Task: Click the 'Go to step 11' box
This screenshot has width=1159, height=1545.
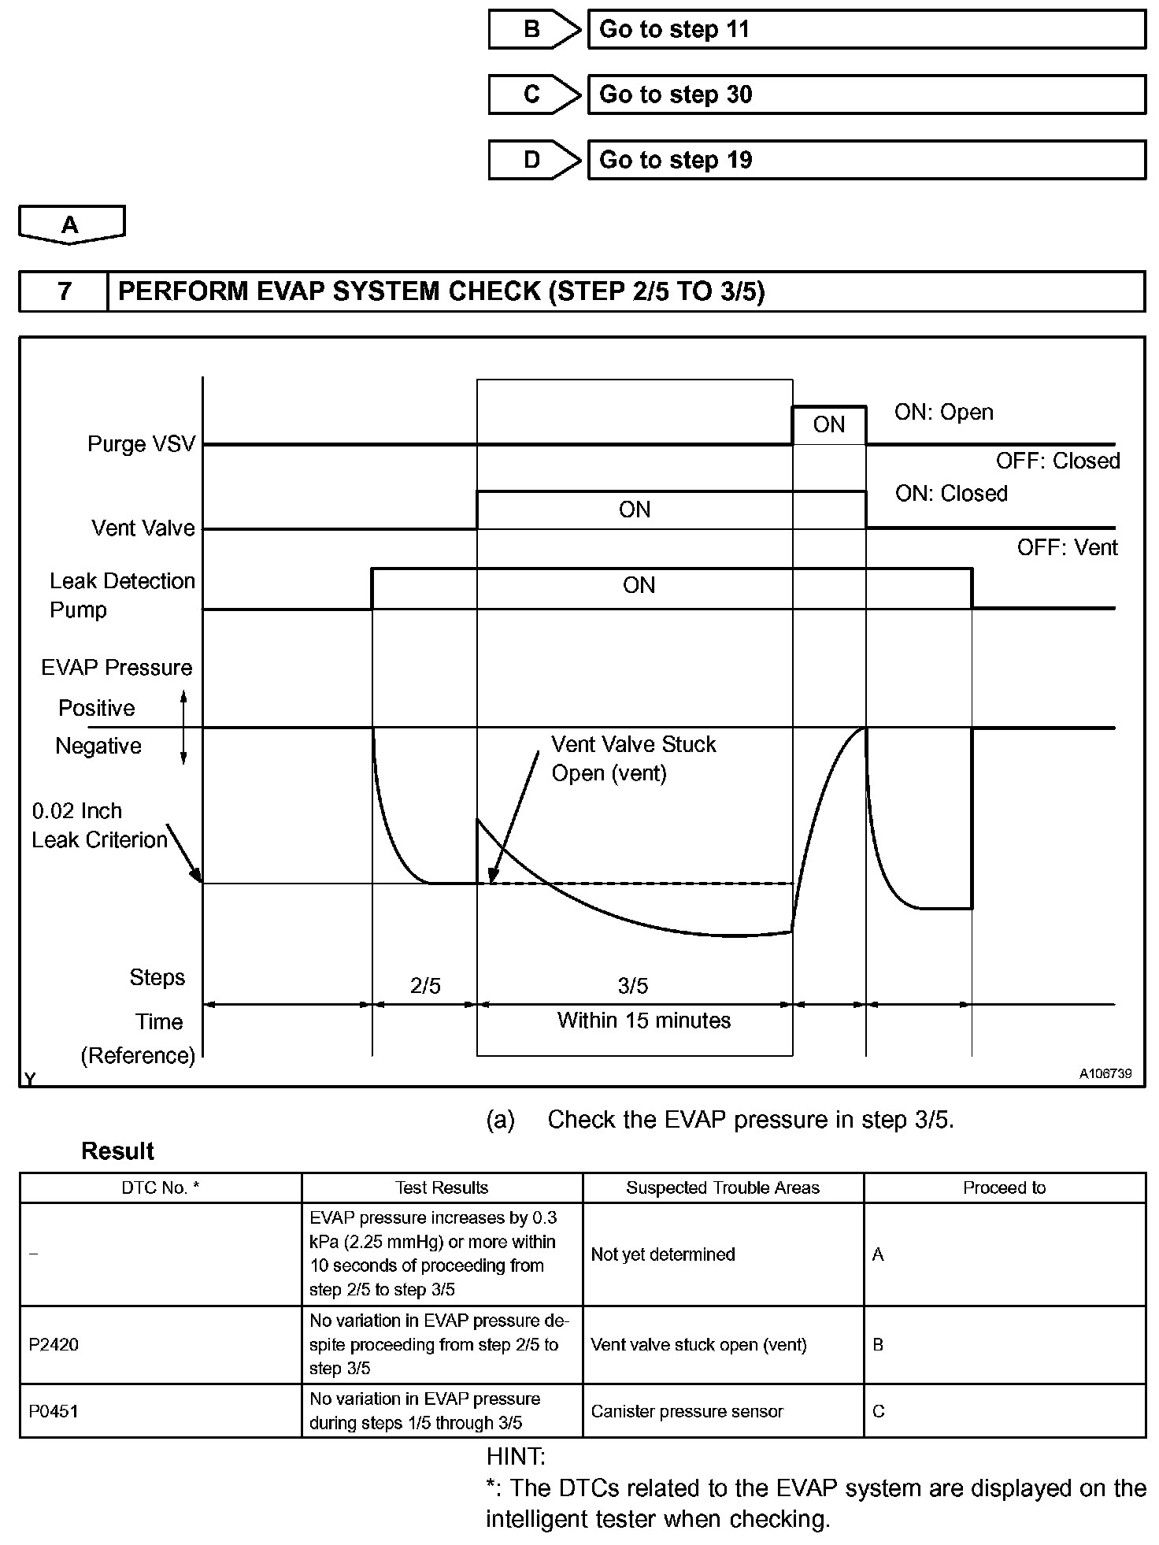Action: [x=866, y=30]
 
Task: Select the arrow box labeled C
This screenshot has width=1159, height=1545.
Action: [x=534, y=94]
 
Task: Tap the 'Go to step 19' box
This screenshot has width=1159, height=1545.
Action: [x=866, y=160]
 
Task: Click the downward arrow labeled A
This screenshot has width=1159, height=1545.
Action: [x=71, y=224]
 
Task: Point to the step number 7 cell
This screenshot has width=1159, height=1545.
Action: [x=64, y=291]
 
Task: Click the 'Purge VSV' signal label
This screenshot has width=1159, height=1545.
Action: [x=141, y=444]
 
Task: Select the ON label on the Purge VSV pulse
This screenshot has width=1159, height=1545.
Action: [x=828, y=425]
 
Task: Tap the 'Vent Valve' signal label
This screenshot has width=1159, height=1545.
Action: [x=143, y=528]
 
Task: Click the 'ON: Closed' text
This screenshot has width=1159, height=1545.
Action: [x=951, y=494]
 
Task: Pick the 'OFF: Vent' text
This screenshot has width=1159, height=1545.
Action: [x=1067, y=547]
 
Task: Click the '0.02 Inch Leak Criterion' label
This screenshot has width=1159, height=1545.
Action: [x=99, y=825]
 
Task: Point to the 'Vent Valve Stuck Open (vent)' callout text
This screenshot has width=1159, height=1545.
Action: [x=633, y=758]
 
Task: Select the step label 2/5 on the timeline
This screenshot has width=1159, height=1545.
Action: [x=425, y=986]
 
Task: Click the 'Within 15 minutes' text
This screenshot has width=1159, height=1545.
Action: [x=644, y=1021]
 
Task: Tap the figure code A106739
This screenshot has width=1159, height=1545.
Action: [x=1105, y=1073]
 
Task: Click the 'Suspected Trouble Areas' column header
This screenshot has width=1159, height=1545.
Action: [x=723, y=1187]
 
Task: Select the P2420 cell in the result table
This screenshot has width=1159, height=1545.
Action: [x=54, y=1344]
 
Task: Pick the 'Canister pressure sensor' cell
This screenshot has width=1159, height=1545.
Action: [x=687, y=1411]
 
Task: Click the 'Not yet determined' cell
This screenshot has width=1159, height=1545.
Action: [x=663, y=1254]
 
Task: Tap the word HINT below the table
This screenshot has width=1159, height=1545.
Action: [x=516, y=1456]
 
